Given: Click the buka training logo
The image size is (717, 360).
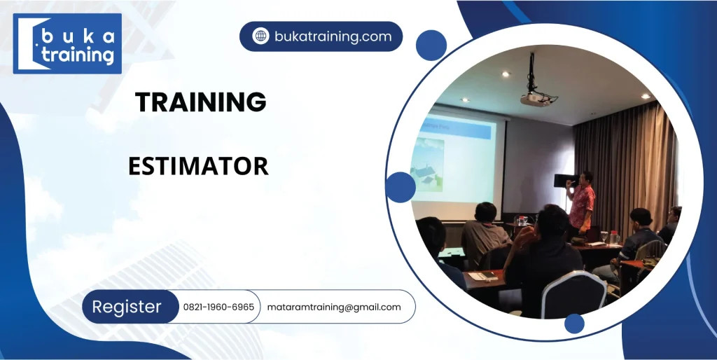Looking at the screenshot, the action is point(67,43).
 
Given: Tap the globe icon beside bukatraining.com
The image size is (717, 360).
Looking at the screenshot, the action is point(260,36).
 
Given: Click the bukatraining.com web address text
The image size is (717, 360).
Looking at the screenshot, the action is point(333,36).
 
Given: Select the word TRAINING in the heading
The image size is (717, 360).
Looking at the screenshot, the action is point(200,102).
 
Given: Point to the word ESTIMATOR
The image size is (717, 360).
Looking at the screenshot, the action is point(198,166).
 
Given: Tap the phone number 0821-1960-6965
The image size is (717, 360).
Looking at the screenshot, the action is point(218,307).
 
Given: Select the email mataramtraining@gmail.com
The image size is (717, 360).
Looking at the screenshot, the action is point(334,307).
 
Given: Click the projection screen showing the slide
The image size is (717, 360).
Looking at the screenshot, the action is point(458,163).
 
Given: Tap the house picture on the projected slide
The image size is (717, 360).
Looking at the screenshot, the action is point(428,165).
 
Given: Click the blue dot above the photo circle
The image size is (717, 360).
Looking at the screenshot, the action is point(431,46).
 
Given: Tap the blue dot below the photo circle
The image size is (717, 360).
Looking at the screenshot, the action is point(574,324).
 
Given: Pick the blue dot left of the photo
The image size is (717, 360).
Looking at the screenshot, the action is point(401,187).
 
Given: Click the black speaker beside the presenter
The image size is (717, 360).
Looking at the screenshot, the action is point(566,180).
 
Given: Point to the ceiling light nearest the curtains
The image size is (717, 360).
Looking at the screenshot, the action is point(646,96).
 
